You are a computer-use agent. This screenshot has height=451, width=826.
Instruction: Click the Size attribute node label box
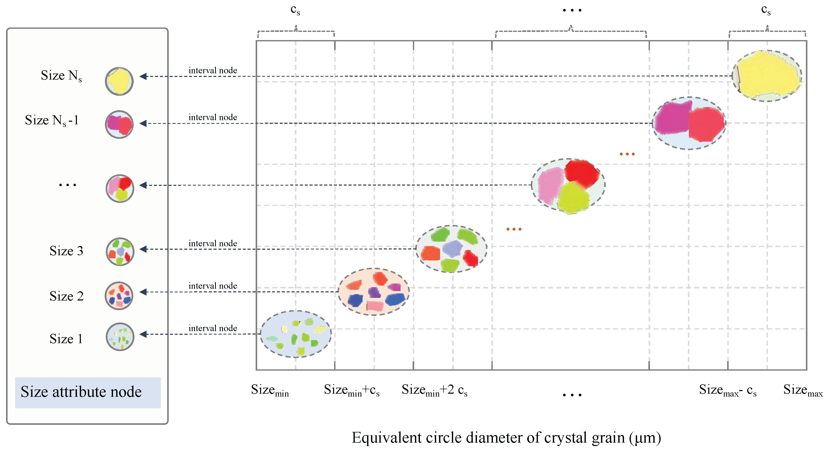click(x=88, y=392)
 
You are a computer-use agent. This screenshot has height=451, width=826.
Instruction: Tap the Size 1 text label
click(x=66, y=339)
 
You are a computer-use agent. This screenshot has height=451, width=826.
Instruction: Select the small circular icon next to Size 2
click(x=119, y=296)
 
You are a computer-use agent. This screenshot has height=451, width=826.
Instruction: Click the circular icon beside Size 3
click(x=120, y=252)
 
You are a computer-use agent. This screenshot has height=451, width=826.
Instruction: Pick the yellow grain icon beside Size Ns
click(x=119, y=81)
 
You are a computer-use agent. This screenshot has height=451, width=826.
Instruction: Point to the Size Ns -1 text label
click(x=52, y=120)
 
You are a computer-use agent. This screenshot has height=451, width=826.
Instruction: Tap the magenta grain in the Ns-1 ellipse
click(x=671, y=118)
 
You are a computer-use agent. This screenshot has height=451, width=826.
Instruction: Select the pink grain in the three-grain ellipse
click(x=550, y=185)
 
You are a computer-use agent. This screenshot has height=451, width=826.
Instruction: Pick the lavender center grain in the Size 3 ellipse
click(x=452, y=249)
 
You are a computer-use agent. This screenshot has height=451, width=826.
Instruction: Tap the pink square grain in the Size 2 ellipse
click(x=375, y=306)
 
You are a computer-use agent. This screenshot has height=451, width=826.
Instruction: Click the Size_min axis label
click(x=270, y=390)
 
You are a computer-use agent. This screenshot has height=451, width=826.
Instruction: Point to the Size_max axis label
click(x=803, y=390)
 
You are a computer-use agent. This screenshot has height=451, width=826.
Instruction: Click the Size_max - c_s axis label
click(x=728, y=390)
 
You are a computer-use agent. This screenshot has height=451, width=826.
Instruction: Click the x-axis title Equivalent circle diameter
click(x=506, y=438)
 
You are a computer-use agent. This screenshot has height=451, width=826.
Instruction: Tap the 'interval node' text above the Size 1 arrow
click(x=213, y=328)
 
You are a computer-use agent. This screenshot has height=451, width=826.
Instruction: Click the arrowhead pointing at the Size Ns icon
click(x=143, y=76)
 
